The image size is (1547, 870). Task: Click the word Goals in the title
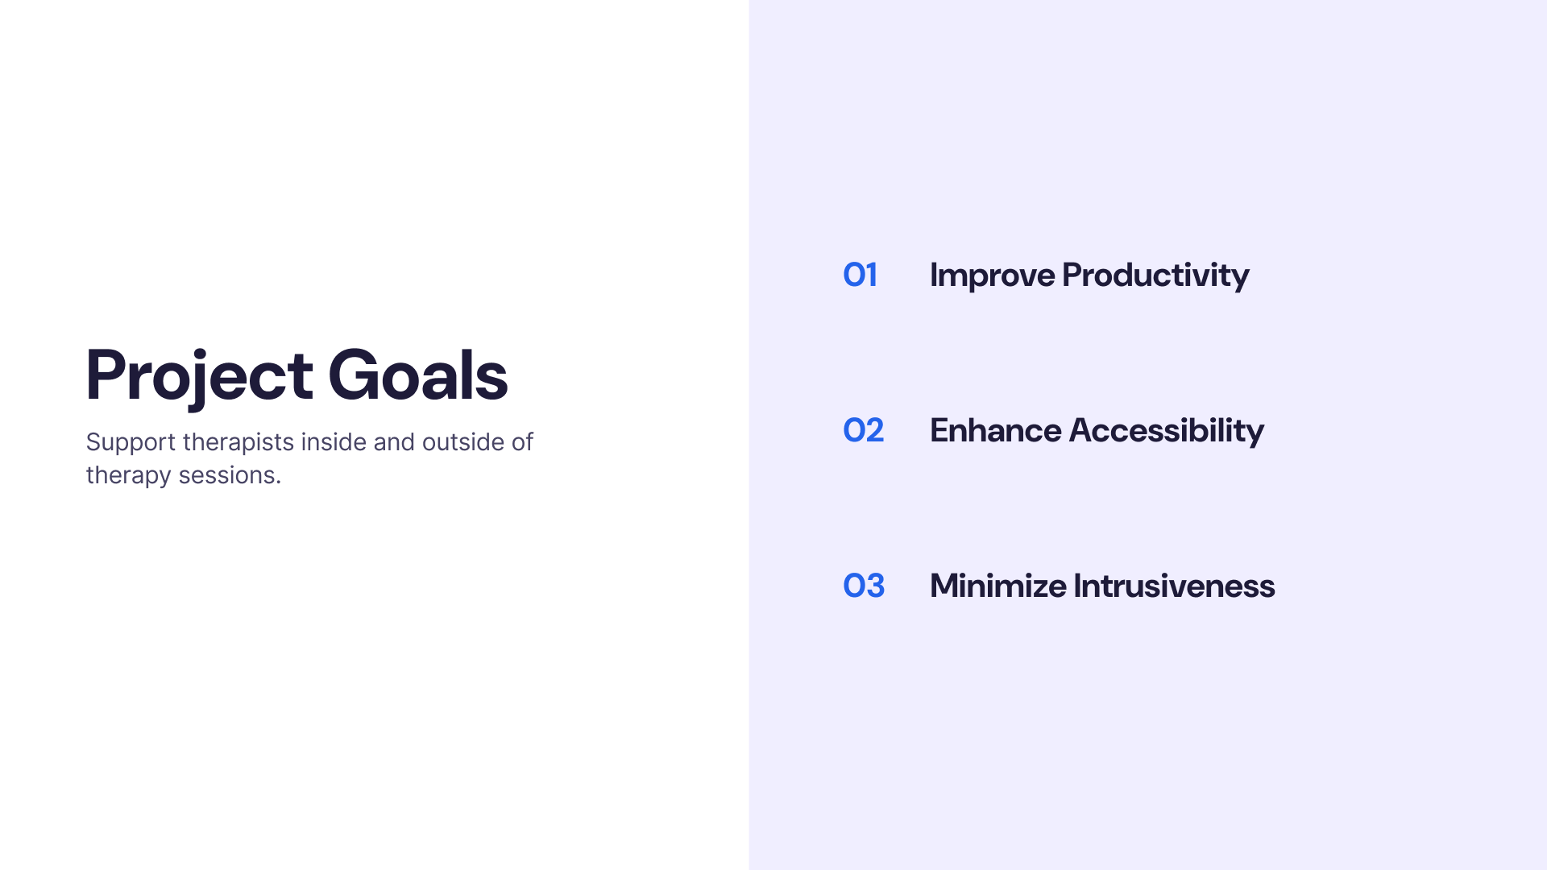pyautogui.click(x=418, y=375)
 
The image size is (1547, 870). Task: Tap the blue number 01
pyautogui.click(x=860, y=275)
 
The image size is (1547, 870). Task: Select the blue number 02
pyautogui.click(x=863, y=430)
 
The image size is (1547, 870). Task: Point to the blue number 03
pyautogui.click(x=864, y=586)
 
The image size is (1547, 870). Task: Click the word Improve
pyautogui.click(x=992, y=275)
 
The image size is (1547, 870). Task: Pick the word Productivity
pyautogui.click(x=1155, y=275)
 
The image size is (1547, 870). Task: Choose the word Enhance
pyautogui.click(x=995, y=430)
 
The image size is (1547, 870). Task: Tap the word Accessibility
pyautogui.click(x=1167, y=431)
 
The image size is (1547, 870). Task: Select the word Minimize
pyautogui.click(x=997, y=586)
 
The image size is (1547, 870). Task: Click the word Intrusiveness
pyautogui.click(x=1174, y=586)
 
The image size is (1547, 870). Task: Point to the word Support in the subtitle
pyautogui.click(x=131, y=443)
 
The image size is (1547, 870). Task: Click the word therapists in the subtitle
pyautogui.click(x=238, y=443)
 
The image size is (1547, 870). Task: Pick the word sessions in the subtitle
pyautogui.click(x=230, y=475)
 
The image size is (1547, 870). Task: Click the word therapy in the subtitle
pyautogui.click(x=129, y=476)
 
